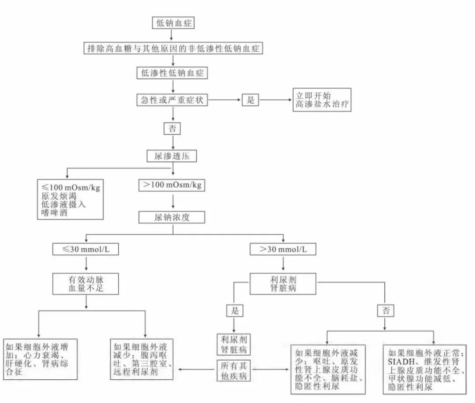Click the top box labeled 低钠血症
173,23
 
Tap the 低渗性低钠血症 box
173,73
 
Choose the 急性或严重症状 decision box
173,100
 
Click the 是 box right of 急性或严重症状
251,100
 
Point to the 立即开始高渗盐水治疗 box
322,100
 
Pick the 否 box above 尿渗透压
172,128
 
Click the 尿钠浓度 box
172,217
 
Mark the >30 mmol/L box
283,249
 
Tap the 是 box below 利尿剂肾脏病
234,311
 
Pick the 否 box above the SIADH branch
386,311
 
